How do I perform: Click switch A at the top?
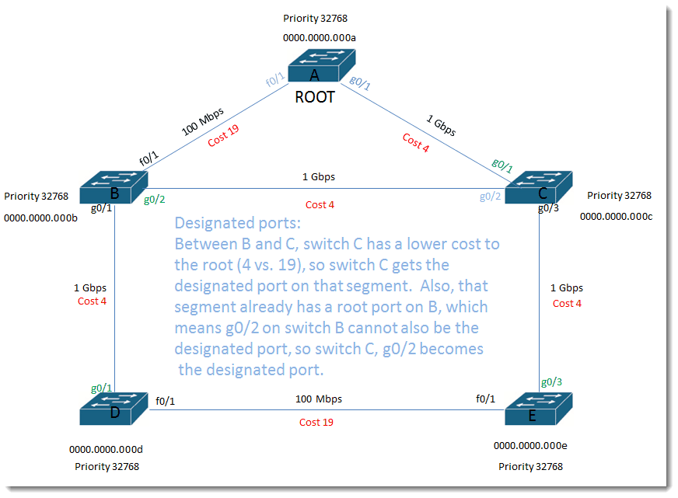coord(322,66)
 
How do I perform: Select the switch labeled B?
coord(114,187)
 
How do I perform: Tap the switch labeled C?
coord(539,187)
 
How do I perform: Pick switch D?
coord(114,409)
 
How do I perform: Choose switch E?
coord(539,409)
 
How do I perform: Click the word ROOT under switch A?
coord(315,97)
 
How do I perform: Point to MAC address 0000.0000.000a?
coord(319,38)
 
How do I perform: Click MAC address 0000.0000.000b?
coord(40,218)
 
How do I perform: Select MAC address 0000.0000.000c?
coord(616,217)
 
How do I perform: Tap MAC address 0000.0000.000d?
coord(106,450)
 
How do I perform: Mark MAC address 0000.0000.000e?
coord(530,446)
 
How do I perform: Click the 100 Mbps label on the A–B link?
coord(202,121)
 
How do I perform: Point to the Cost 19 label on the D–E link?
coord(316,423)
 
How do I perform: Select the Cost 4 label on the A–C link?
coord(415,142)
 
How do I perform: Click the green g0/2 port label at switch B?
coord(155,200)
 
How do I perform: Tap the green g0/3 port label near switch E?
coord(552,381)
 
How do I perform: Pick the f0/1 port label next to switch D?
coord(165,401)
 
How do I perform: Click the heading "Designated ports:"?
coord(237,223)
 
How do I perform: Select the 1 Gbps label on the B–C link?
coord(319,177)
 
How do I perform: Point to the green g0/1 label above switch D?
coord(102,388)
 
